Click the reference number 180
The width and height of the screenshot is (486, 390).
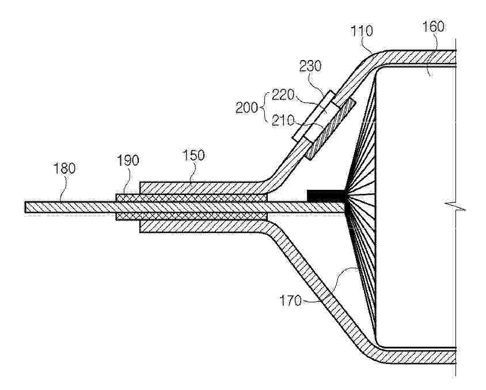coord(64,168)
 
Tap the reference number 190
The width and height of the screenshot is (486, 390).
coord(128,160)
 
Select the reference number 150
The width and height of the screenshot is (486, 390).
coord(193,155)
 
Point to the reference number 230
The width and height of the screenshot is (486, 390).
coord(310,66)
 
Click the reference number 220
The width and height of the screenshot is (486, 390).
coord(282,95)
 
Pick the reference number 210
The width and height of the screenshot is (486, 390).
coord(282,121)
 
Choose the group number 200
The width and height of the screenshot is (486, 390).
coord(246,108)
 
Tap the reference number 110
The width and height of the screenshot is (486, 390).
coord(362,31)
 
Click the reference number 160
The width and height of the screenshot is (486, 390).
coord(434,27)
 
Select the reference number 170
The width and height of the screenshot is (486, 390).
coord(290,301)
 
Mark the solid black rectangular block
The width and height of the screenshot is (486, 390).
coord(326,196)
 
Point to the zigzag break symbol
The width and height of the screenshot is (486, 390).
coord(455,206)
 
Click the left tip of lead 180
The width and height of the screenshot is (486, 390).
coord(25,207)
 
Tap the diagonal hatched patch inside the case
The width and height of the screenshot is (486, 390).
coord(330,129)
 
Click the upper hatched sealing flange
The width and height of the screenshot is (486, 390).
coord(203,188)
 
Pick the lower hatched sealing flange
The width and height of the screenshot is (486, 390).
coord(203,226)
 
